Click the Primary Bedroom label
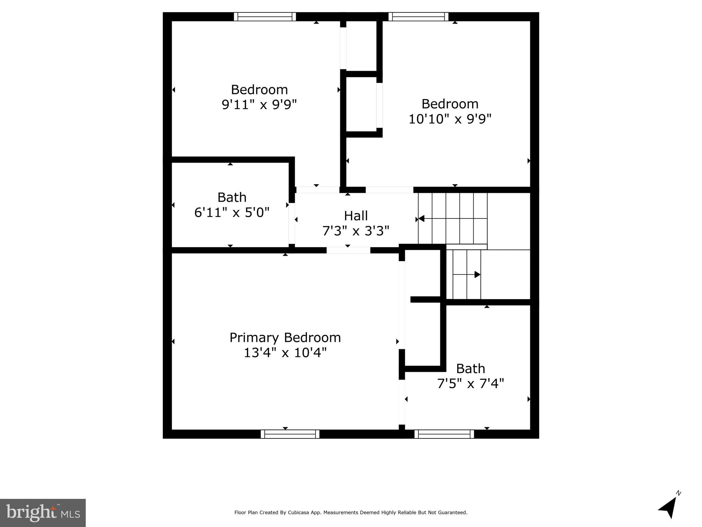coord(285,338)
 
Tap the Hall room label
coord(356,216)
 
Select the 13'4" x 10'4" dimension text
coord(285,353)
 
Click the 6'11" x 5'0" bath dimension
coord(232,212)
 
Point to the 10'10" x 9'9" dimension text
coord(450,119)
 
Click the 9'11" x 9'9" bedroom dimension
coord(259,104)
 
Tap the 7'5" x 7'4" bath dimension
coord(471,383)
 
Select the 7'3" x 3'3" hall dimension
coord(356,231)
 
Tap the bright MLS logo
coord(43,513)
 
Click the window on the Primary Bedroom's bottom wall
coord(290,434)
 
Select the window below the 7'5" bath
coord(444,434)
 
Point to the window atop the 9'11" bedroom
coord(265,16)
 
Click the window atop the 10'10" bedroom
coord(418,16)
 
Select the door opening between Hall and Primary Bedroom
coord(348,250)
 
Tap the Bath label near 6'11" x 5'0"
coord(232,197)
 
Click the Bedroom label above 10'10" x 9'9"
coord(450,104)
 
